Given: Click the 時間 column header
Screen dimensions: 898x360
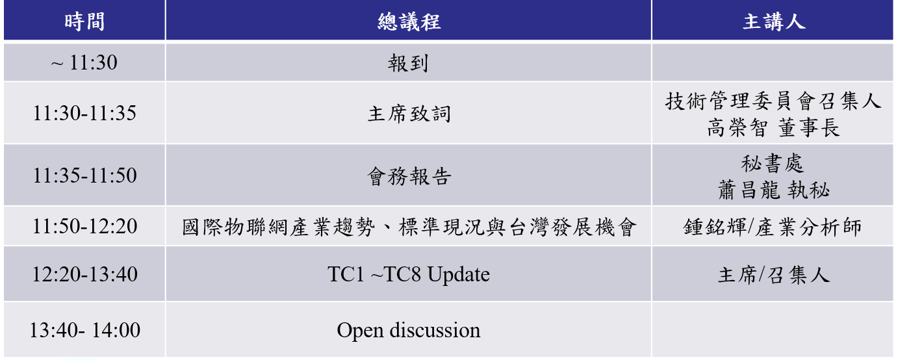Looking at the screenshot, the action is point(84,21).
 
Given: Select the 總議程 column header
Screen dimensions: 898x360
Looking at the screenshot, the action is point(409,21).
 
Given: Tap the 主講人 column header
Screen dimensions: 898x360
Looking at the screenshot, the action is point(774,21).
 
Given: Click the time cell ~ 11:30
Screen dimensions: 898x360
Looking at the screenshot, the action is point(84,62).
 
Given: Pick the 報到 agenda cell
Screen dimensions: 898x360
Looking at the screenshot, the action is point(408,63).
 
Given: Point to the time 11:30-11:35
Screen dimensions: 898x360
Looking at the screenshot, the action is point(84,113).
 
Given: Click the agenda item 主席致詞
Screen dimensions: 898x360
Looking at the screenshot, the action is point(409,114).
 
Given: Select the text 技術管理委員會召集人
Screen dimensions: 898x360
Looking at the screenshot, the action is point(773,101).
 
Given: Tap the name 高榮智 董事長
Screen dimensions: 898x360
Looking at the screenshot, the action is point(773,128).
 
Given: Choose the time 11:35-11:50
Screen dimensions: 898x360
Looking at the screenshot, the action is point(84,175).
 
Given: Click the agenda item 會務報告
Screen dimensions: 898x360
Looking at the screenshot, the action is point(409,176).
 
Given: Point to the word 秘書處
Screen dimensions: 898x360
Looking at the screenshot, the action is point(773,164).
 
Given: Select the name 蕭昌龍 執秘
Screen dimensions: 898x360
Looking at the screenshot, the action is point(773,190).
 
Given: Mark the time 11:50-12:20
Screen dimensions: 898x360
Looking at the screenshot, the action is point(84,226).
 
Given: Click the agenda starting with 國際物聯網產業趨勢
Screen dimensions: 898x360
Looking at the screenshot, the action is point(409,227).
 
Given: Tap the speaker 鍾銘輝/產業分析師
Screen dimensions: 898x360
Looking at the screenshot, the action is point(773,227).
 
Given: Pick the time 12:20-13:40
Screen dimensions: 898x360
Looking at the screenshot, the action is point(84,274).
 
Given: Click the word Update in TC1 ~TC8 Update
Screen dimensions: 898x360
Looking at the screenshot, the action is point(458,275).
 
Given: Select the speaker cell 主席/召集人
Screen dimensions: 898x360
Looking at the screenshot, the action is point(773,276).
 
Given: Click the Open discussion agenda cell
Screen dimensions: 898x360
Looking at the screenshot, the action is point(409,330).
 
